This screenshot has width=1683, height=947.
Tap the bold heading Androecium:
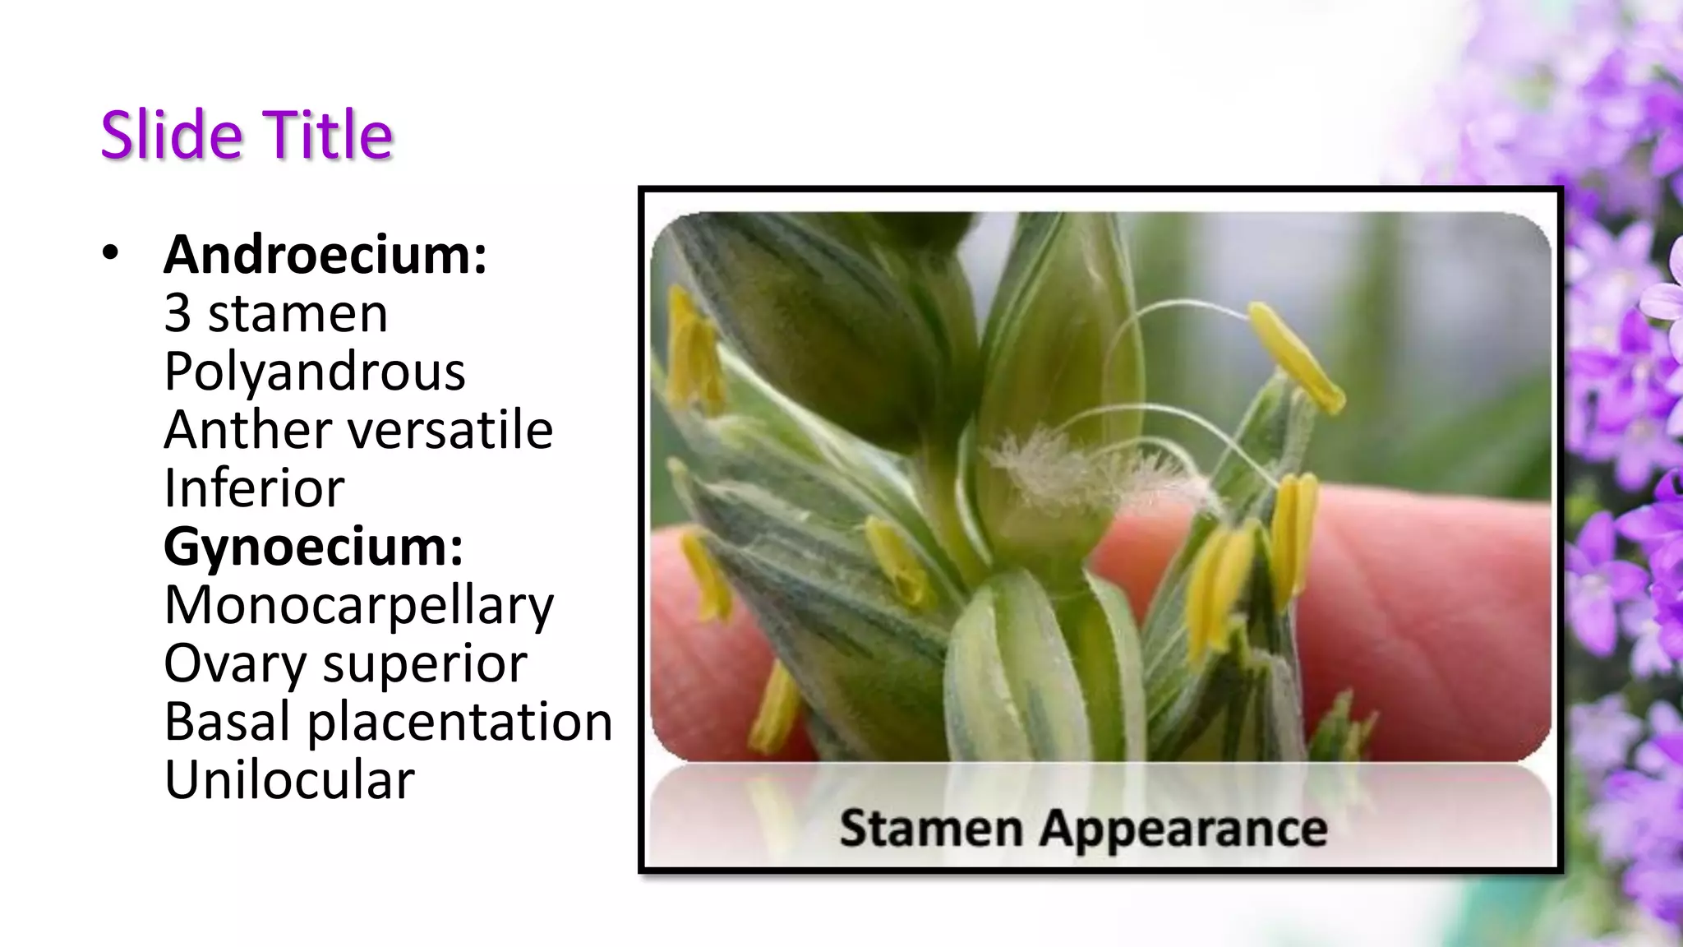point(325,255)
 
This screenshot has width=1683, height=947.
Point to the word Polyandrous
point(315,372)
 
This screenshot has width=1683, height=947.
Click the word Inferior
point(254,488)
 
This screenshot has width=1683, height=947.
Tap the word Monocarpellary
point(359,605)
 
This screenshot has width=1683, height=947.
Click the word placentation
point(460,722)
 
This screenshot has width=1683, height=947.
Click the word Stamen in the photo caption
point(931,827)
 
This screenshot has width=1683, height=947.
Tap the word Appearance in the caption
point(1183,829)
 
